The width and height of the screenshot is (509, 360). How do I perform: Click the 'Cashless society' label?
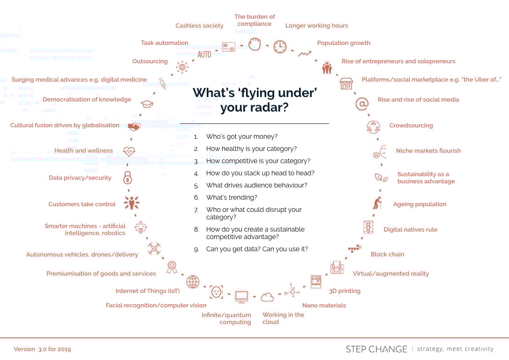pos(199,26)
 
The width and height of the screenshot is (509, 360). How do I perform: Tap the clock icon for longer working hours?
pos(280,46)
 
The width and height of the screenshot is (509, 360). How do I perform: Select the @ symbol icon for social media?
pos(361,104)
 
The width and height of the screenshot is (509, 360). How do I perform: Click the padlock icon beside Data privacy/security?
pos(127,178)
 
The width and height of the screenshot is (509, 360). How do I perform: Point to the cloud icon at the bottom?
pos(267,297)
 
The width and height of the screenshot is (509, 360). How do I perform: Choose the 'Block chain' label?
pos(387,255)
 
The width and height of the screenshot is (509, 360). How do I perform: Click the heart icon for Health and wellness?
pos(129,151)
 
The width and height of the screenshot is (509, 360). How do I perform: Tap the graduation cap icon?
pos(147,104)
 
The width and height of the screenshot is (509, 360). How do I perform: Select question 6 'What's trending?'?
pos(232,197)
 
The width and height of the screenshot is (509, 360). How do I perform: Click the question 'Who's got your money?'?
pos(242,136)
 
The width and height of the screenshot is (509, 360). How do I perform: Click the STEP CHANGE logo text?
pos(376,349)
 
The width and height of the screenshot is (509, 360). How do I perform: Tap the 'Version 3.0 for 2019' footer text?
pos(43,349)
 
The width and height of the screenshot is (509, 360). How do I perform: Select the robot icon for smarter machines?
pos(141,227)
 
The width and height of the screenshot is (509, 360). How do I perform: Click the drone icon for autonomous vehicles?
pos(154,248)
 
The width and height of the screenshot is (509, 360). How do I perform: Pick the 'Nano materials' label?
pos(324,306)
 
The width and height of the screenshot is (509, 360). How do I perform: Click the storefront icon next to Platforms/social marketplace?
pos(346,83)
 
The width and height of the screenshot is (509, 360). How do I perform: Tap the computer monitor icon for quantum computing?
pos(241,296)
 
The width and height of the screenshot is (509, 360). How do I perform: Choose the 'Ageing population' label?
pos(419,204)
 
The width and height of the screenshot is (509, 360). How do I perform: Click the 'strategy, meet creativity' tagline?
pos(455,349)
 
